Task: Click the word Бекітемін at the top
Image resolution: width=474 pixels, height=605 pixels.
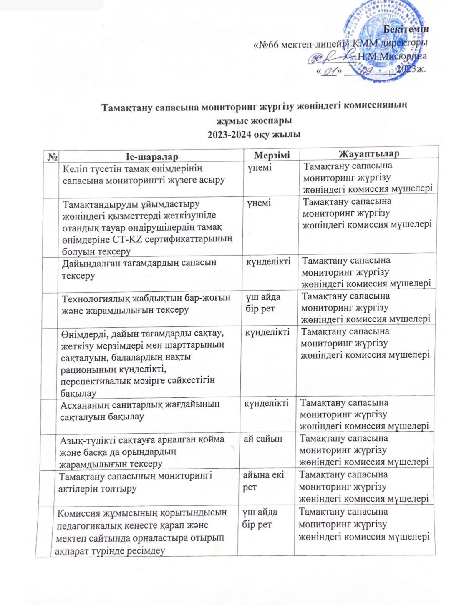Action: click(406, 29)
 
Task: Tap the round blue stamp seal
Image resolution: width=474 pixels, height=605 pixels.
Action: click(384, 40)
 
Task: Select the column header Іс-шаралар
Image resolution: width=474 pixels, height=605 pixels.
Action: click(151, 156)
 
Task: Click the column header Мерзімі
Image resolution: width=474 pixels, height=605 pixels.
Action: click(272, 155)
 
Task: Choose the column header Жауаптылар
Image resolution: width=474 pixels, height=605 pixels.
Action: click(368, 153)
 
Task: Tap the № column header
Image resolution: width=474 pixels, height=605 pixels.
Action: click(53, 157)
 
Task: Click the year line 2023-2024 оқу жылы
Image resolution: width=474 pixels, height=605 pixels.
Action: click(254, 134)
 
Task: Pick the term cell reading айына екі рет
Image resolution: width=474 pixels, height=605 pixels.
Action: click(263, 481)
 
